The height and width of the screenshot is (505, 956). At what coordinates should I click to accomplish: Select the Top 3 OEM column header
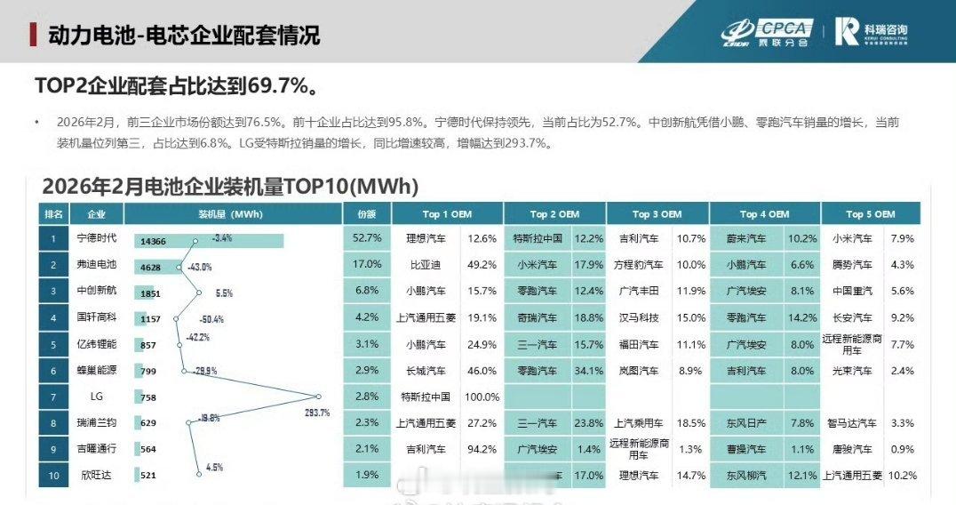click(x=657, y=213)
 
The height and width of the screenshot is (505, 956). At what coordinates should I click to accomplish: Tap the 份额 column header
click(x=367, y=213)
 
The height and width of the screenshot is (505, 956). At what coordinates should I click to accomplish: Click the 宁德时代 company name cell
click(x=97, y=238)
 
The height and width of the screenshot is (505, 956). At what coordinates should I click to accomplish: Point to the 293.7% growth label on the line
click(x=316, y=412)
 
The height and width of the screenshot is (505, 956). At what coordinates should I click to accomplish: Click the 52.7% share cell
click(x=367, y=238)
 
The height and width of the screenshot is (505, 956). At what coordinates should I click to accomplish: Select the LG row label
click(x=97, y=397)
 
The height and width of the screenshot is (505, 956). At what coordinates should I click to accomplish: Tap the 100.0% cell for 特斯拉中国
click(x=482, y=397)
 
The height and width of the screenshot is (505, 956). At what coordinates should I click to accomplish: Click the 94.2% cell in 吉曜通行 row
click(x=482, y=449)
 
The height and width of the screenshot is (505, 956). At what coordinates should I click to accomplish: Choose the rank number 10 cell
click(x=53, y=476)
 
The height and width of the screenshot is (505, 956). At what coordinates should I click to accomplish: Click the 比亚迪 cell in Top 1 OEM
click(x=425, y=264)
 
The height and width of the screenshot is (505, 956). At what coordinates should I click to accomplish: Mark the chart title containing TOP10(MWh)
click(x=230, y=187)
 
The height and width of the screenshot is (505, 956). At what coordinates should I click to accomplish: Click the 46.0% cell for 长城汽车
click(x=482, y=370)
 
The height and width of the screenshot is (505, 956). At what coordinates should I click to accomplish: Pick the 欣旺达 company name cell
click(x=97, y=476)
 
